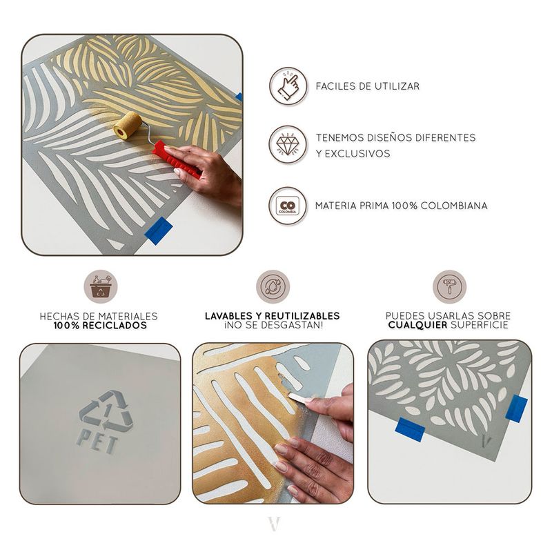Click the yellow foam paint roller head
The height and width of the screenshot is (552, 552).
click(x=128, y=126)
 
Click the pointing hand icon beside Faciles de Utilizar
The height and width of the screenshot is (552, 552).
click(x=288, y=86)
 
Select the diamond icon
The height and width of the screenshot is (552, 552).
click(x=288, y=145)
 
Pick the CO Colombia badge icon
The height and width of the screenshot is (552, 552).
click(x=288, y=206)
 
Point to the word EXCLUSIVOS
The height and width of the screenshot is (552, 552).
click(x=357, y=153)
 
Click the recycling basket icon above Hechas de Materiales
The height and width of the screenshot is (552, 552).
click(x=101, y=286)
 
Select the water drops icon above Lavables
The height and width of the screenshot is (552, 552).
click(x=273, y=286)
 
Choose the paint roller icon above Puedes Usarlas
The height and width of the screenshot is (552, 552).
click(x=450, y=286)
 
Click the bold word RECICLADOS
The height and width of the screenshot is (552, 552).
click(x=115, y=325)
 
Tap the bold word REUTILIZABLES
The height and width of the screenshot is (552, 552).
click(x=302, y=316)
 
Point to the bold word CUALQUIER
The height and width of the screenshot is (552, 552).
click(x=417, y=325)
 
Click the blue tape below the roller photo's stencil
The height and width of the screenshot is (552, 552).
click(x=159, y=230)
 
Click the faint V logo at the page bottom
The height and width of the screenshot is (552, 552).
click(x=274, y=524)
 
